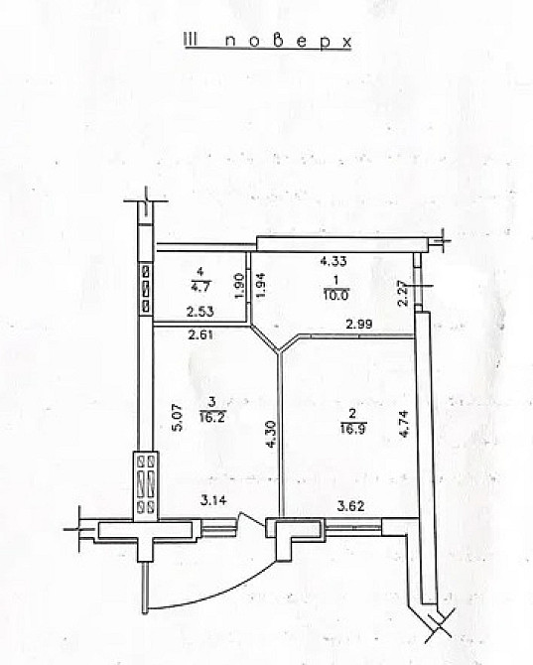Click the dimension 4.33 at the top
pos(332,262)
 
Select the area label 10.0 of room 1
pos(332,293)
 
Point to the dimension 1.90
pos(238,286)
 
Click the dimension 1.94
pos(261,286)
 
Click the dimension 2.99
pos(359,325)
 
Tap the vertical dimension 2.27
pos(402,294)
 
